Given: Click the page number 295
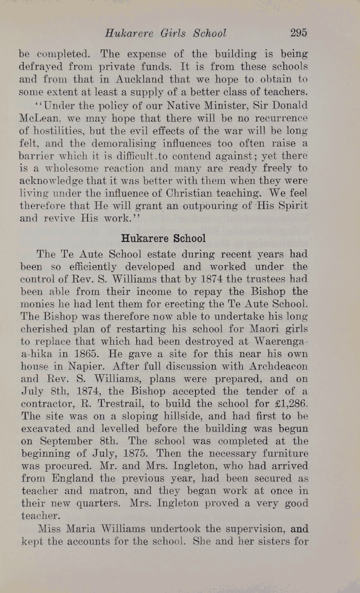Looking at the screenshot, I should coord(298,33).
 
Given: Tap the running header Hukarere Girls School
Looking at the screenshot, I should coord(165,33).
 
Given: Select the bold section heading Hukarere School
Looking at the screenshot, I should coord(163,238).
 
